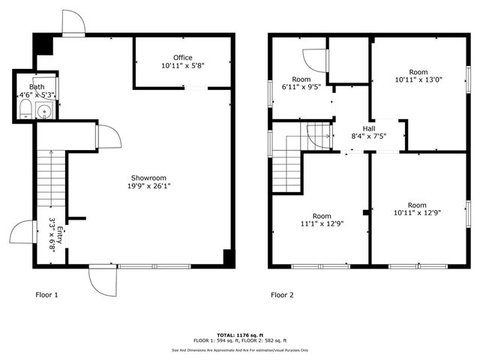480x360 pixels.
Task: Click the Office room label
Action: (183, 58)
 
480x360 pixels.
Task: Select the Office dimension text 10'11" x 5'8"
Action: (183, 66)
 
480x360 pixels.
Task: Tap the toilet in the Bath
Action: (25, 112)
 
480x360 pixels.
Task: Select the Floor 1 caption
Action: (46, 295)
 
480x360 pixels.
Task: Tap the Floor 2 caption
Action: (282, 295)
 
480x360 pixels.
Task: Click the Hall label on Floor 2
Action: (368, 128)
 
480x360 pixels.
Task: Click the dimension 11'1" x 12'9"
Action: (322, 223)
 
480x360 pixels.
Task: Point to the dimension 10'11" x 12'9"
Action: (417, 213)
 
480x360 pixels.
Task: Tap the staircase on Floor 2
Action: (288, 169)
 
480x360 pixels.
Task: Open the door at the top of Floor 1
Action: (73, 24)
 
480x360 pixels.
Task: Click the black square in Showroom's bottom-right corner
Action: (228, 257)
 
